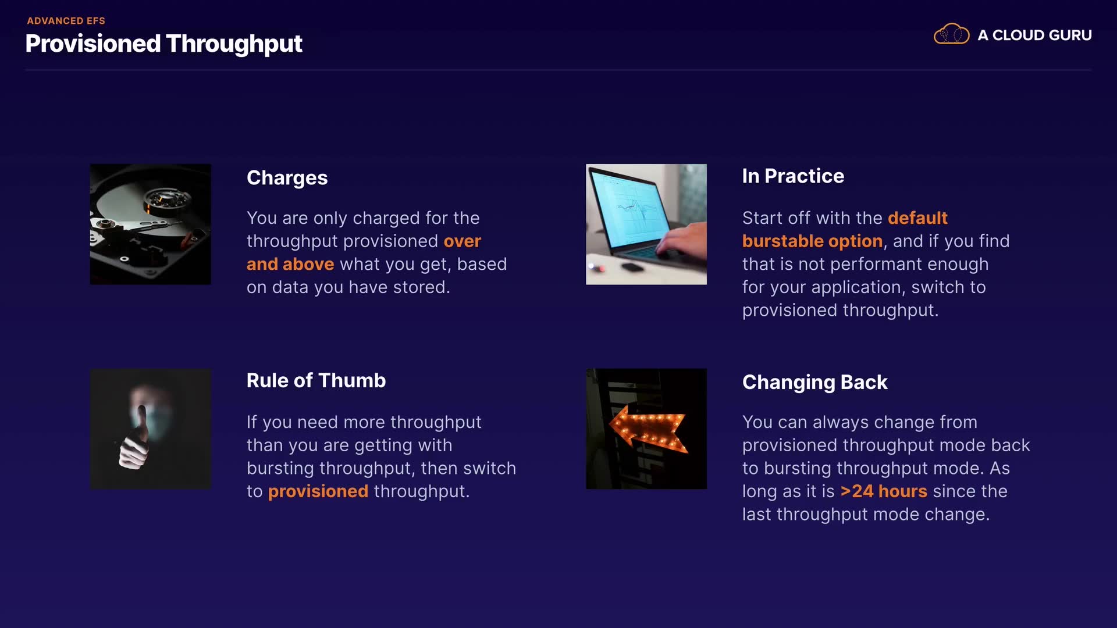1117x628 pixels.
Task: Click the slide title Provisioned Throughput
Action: pos(163,44)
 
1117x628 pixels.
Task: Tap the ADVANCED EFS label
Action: pos(66,21)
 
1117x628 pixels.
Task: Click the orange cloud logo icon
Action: pos(951,34)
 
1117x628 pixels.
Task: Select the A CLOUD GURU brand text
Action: pos(1034,35)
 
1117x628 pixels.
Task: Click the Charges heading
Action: pos(287,178)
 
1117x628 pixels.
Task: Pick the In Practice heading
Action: pos(793,176)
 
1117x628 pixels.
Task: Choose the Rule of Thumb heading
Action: pos(316,380)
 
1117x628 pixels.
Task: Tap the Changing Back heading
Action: pos(814,383)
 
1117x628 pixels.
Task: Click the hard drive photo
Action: pos(151,224)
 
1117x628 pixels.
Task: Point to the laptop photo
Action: pos(646,224)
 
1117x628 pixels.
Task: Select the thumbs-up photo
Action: pos(151,429)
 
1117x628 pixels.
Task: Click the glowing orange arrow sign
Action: pos(649,429)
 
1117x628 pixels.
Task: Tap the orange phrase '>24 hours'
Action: pos(884,491)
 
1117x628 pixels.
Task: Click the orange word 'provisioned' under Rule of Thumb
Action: pos(318,492)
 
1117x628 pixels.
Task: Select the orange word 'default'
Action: pos(917,218)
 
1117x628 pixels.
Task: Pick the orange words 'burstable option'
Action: pos(812,241)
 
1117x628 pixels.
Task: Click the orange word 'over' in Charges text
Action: pos(463,241)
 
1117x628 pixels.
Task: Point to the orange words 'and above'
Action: pos(290,264)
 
